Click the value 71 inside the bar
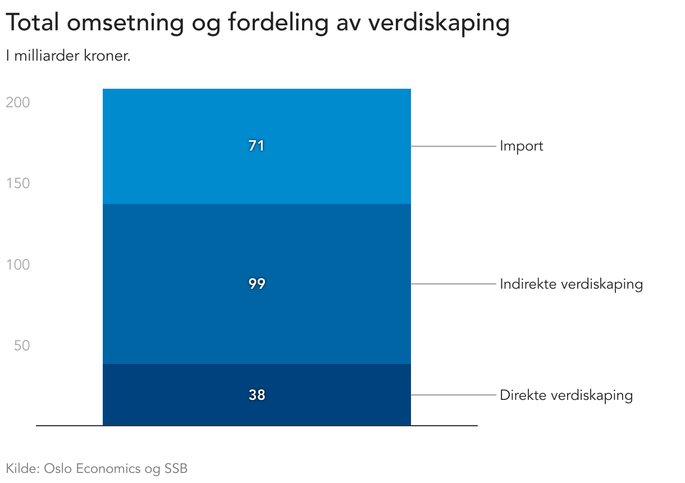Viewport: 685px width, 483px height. click(257, 146)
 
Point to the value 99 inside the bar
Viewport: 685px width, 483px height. click(257, 284)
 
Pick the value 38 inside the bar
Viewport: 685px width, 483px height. click(257, 395)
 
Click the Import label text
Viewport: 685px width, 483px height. click(522, 146)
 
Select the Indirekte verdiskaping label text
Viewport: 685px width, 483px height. click(571, 284)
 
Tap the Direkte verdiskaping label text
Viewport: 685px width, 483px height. click(566, 395)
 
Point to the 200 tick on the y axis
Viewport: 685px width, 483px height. click(18, 103)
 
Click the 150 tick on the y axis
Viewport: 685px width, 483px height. click(18, 184)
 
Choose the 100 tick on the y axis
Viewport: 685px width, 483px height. click(18, 265)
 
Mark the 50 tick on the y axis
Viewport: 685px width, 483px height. click(21, 345)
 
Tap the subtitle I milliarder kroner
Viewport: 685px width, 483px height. click(68, 57)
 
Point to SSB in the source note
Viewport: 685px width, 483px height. click(176, 468)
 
